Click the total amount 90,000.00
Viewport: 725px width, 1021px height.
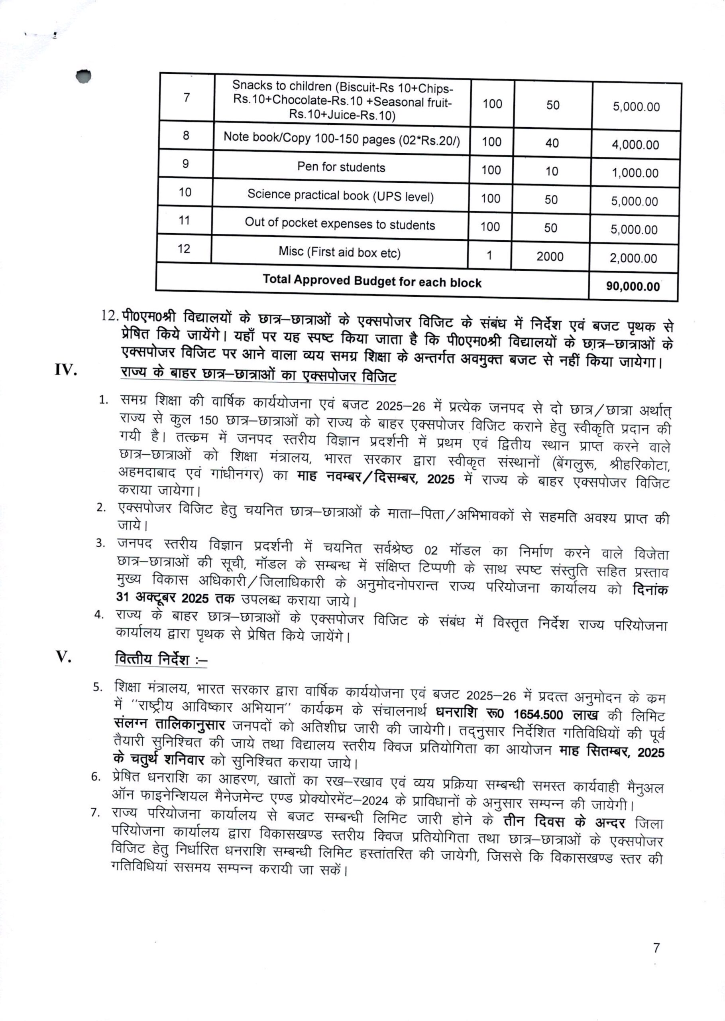[633, 286]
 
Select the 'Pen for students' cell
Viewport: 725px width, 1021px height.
[341, 167]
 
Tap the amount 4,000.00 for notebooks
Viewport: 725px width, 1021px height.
[635, 145]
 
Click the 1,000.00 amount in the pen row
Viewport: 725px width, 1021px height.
[635, 173]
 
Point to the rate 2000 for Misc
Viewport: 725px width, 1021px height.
[550, 256]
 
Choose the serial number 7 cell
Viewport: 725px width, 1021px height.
[187, 97]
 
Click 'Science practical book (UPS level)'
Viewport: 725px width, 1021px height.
[340, 195]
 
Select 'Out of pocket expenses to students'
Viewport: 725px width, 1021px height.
[339, 224]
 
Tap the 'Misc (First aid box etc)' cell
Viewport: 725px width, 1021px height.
[339, 252]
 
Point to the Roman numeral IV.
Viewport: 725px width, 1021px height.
[66, 370]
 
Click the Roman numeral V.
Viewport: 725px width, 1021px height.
[63, 656]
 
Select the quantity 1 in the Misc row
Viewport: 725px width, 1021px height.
[489, 255]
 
